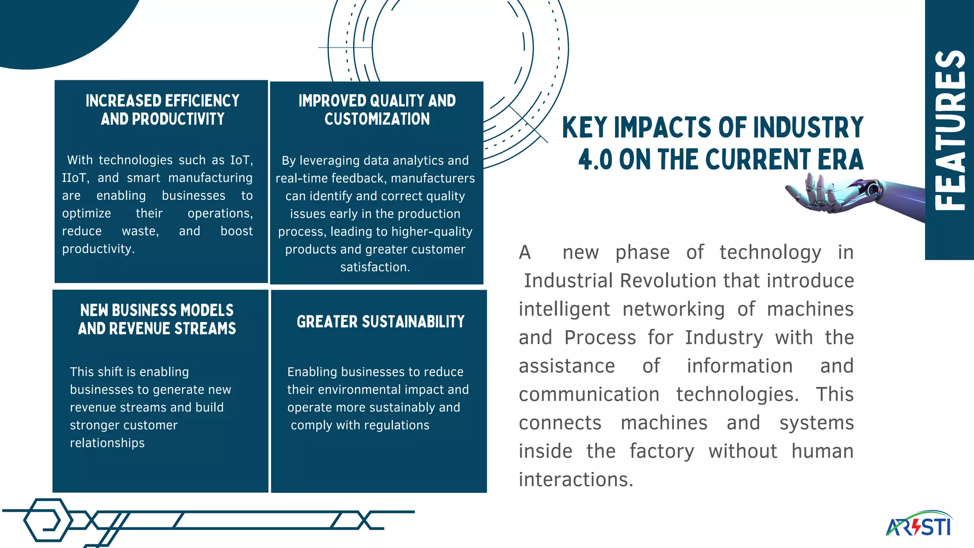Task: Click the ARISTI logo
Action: tap(919, 525)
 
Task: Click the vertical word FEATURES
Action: tap(950, 130)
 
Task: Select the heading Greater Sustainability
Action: tap(380, 322)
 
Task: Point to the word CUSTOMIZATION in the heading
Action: tap(377, 119)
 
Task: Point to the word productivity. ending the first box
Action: tap(98, 249)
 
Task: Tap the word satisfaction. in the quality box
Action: tap(375, 267)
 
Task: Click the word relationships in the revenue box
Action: tap(107, 443)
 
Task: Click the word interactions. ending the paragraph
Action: tap(576, 479)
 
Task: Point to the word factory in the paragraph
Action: tap(662, 451)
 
